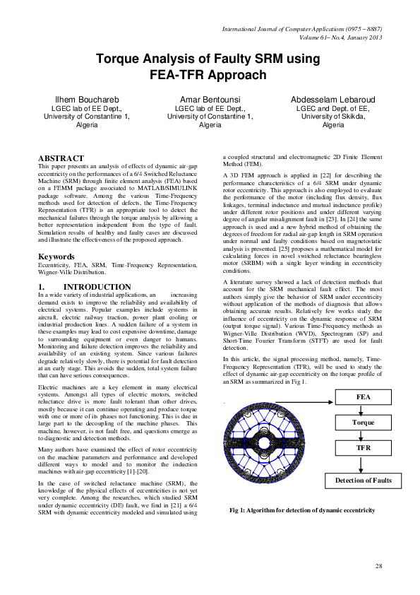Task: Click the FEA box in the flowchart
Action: (364, 398)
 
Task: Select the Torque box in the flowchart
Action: (364, 423)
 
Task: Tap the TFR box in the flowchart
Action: (364, 448)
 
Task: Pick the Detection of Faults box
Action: (364, 481)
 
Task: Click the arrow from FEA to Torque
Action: (364, 410)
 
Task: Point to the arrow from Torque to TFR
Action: (364, 435)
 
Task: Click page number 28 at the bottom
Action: (378, 566)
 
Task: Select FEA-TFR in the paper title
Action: (179, 73)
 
